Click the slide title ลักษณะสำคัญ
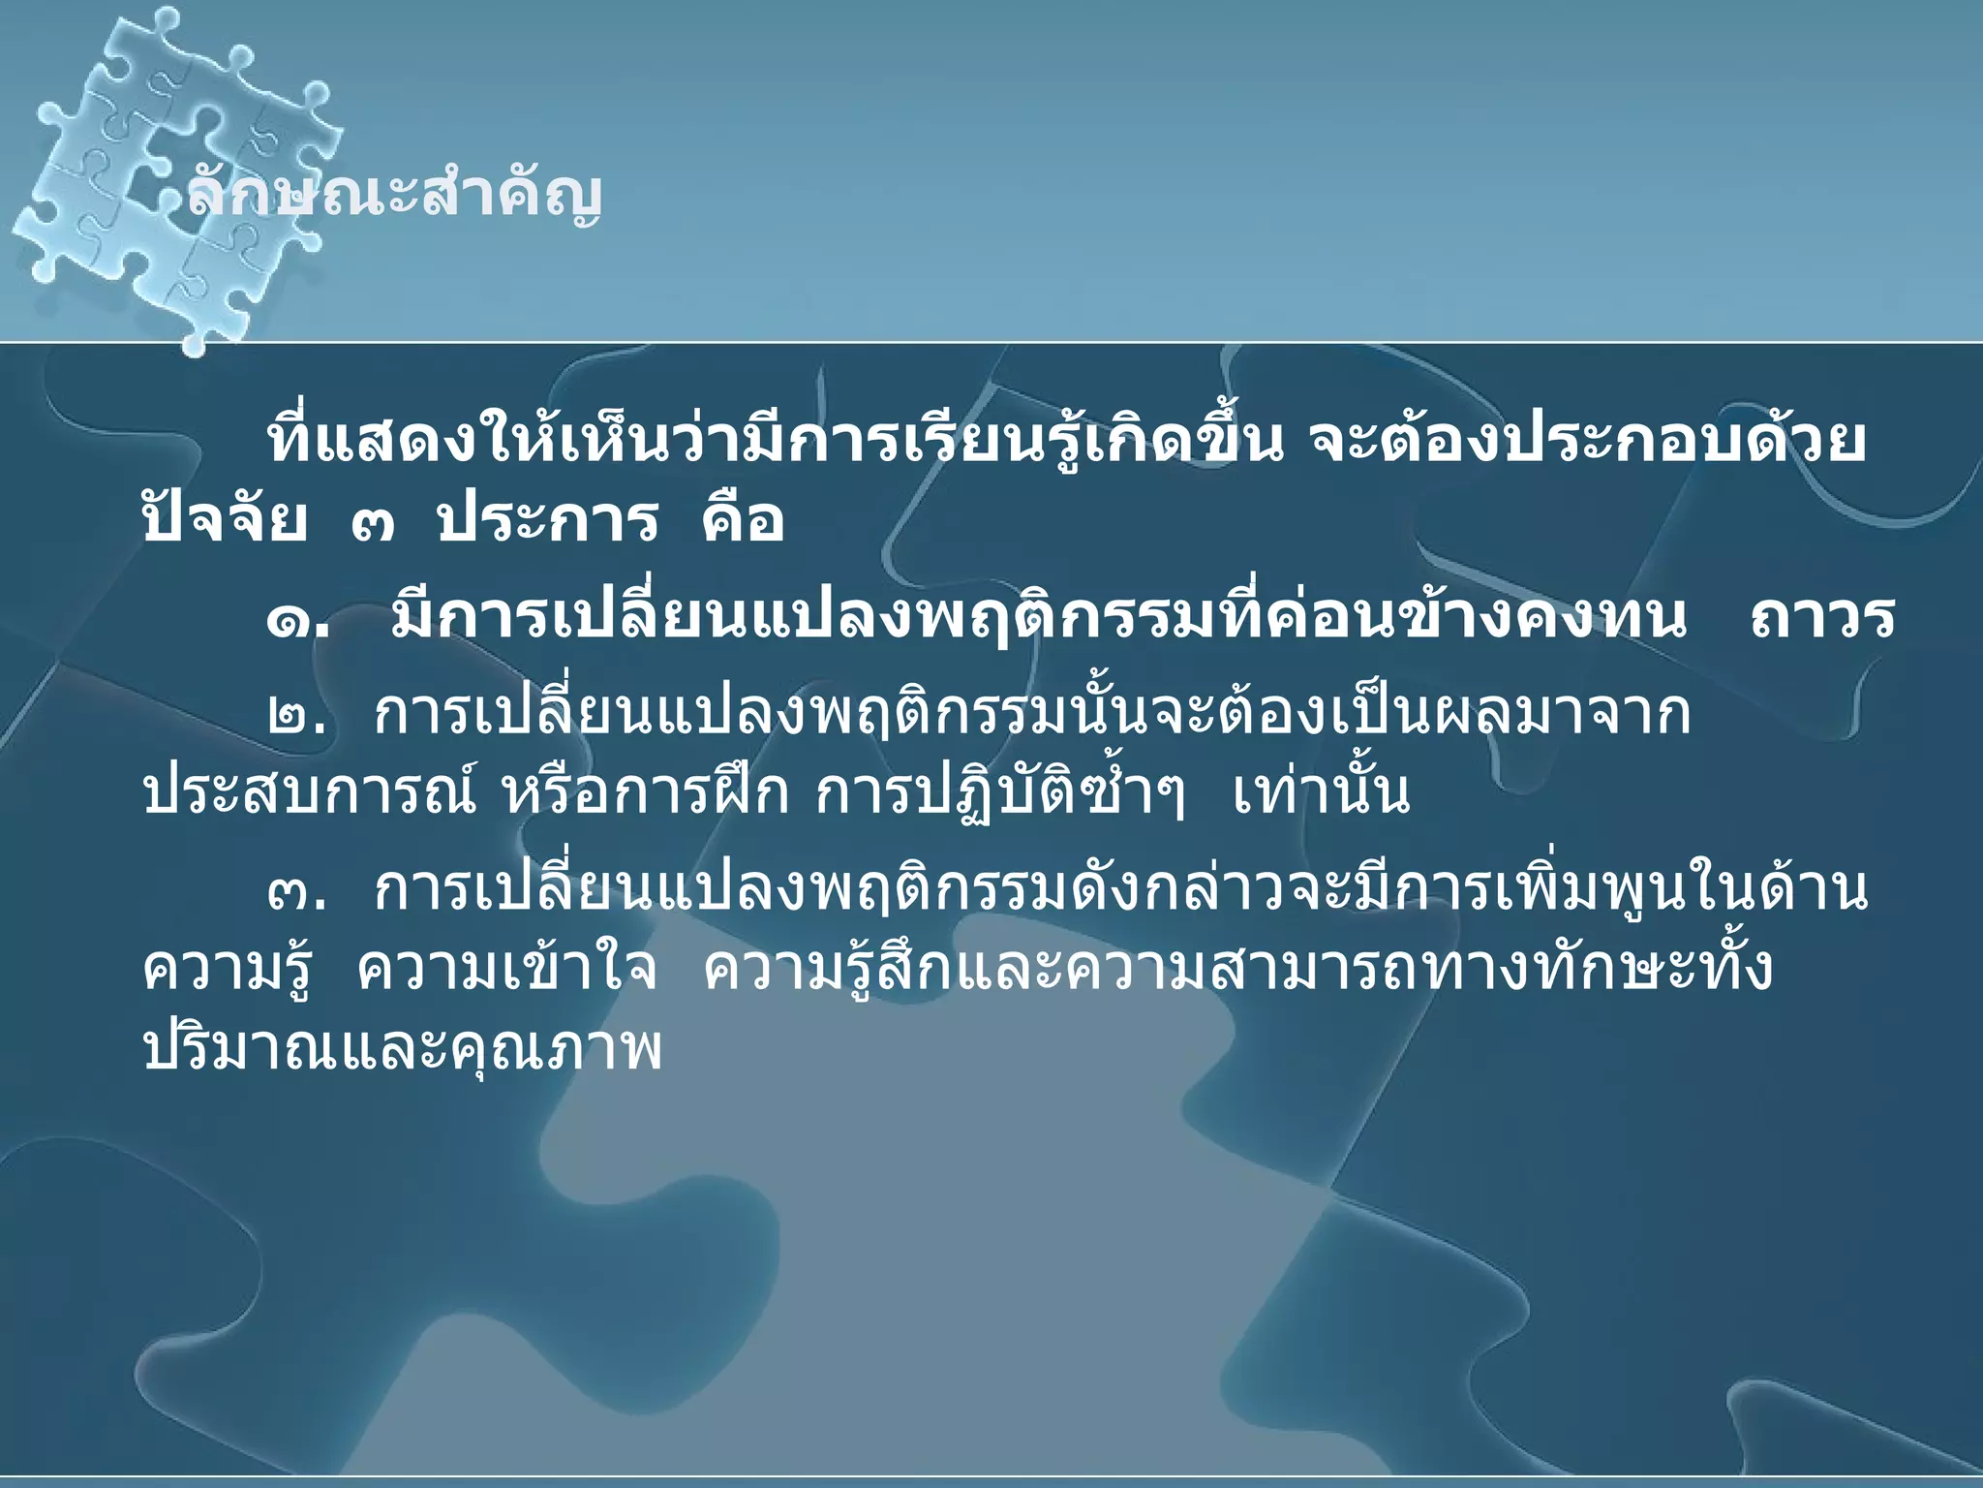tap(393, 195)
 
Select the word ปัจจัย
tap(225, 521)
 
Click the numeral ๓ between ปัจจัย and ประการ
tap(373, 526)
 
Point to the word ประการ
tap(547, 521)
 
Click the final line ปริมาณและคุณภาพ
tap(402, 1048)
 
